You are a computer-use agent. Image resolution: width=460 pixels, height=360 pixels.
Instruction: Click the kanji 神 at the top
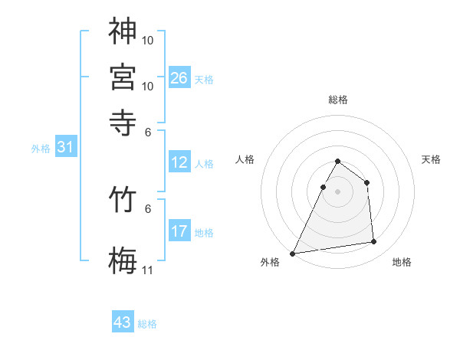(x=123, y=31)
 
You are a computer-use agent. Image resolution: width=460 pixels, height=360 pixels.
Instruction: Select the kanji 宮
(x=123, y=76)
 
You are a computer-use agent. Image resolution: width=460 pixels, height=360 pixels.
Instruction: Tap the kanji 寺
(x=123, y=120)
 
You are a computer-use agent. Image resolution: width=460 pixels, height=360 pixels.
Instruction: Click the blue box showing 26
(x=179, y=78)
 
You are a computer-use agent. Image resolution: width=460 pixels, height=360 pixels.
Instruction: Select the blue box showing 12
(x=179, y=162)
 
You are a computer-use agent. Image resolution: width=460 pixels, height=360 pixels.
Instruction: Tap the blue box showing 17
(x=179, y=231)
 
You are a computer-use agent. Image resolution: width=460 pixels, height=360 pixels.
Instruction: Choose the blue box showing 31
(x=65, y=148)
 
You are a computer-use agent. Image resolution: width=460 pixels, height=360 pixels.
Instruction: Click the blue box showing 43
(x=123, y=322)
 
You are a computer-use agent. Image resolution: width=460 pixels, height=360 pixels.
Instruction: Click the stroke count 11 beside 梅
(x=147, y=270)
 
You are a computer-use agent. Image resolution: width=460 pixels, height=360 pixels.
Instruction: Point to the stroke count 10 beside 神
(x=147, y=40)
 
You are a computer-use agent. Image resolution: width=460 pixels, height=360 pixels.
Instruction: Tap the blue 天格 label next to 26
(x=203, y=80)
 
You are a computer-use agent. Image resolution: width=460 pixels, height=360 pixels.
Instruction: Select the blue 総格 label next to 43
(x=147, y=324)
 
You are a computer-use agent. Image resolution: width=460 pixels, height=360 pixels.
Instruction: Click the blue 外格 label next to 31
(x=40, y=149)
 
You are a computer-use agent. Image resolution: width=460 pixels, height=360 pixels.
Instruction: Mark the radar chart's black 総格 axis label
(x=337, y=100)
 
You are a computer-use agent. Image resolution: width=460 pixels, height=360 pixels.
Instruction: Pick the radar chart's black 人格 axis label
(x=245, y=159)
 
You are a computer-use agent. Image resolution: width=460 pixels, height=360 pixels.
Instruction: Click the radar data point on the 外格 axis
(x=293, y=253)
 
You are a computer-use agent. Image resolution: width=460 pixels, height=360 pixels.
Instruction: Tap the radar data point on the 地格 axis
(x=374, y=242)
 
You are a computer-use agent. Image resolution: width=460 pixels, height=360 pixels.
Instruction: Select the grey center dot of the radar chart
(x=337, y=191)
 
